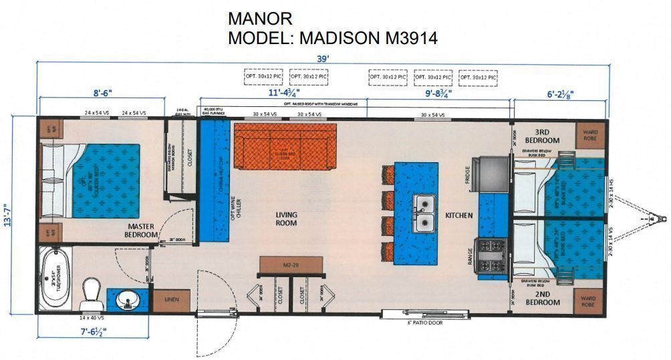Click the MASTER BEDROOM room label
pos(141,230)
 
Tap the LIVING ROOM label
pos(286,219)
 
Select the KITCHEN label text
pos(460,216)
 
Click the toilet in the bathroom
pos(90,292)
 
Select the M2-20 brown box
pos(291,265)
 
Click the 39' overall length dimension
pos(323,59)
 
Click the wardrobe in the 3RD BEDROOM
pos(590,135)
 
